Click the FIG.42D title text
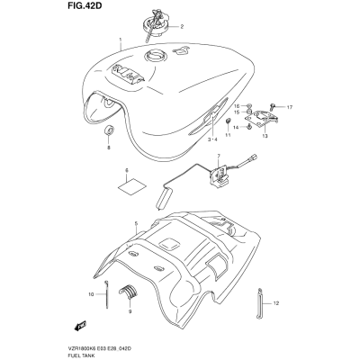[81, 6]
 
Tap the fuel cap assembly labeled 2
[155, 24]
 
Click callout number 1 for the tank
[121, 40]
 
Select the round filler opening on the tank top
[155, 56]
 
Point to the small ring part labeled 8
[109, 130]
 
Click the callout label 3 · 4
[213, 139]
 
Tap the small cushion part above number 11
[228, 121]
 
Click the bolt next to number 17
[274, 106]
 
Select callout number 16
[237, 106]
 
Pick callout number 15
[237, 112]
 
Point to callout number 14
[237, 127]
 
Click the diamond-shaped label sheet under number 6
[131, 185]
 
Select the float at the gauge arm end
[164, 198]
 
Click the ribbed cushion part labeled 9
[127, 291]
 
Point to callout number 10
[91, 294]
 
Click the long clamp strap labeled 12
[259, 302]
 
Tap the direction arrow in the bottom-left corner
[80, 325]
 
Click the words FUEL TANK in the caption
[77, 354]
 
